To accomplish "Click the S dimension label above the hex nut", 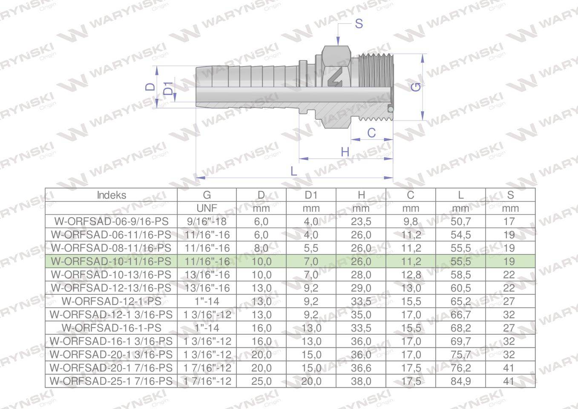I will click(x=359, y=23).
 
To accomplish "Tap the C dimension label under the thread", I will click(x=371, y=133).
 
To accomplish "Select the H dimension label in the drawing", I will click(x=345, y=152).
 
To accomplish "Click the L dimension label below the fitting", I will click(x=293, y=171).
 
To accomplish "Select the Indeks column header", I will click(x=111, y=195).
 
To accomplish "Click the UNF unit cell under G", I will click(x=207, y=208).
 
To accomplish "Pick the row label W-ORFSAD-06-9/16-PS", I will click(x=111, y=222).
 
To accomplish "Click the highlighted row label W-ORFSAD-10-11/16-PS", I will click(x=111, y=261).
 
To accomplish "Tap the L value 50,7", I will click(x=460, y=222).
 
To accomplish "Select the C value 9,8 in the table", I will click(x=411, y=222).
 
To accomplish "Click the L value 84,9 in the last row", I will click(x=460, y=381).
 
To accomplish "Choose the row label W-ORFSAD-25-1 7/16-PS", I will click(x=111, y=381).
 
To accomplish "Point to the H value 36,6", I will click(x=361, y=368).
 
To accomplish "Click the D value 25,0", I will click(x=261, y=381).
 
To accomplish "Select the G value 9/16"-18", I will click(x=207, y=222).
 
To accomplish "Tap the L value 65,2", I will click(x=460, y=301).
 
